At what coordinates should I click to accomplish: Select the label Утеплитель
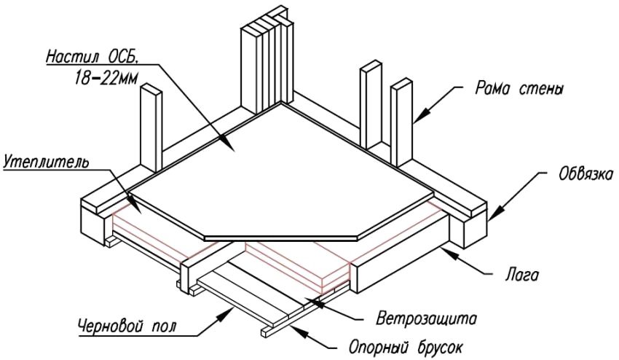tap(46, 160)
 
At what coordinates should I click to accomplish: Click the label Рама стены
tap(510, 90)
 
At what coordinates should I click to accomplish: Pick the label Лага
tap(521, 276)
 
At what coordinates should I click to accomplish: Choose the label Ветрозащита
tap(426, 318)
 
